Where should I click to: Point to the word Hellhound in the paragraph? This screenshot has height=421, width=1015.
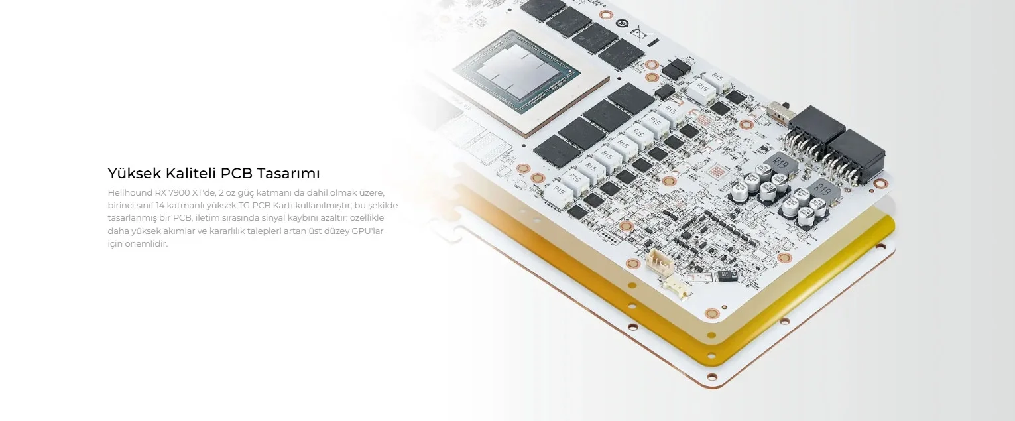[129, 193]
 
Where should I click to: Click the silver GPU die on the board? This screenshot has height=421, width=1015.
[516, 68]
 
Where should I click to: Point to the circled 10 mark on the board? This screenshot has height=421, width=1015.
[623, 22]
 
